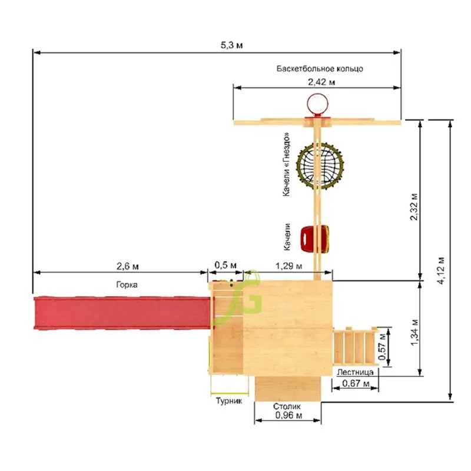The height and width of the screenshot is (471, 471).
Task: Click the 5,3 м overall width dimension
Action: (x=231, y=45)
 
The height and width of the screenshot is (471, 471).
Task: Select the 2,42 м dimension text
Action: (x=321, y=82)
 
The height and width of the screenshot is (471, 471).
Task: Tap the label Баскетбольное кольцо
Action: (x=320, y=69)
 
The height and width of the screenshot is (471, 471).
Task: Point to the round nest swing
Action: (x=320, y=165)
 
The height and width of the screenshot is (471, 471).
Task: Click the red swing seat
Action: (x=314, y=239)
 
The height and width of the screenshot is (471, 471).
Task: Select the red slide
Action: (x=122, y=313)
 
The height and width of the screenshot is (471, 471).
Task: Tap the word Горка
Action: (x=127, y=285)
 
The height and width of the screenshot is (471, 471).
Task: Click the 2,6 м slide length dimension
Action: (x=127, y=266)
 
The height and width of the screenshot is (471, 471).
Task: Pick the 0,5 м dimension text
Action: (x=225, y=266)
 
